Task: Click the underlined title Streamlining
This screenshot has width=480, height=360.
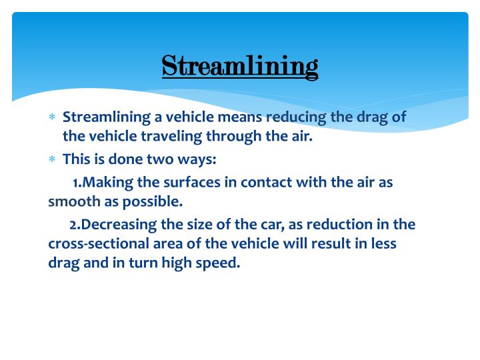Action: coord(240,67)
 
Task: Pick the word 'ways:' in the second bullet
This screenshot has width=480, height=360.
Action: coord(198,160)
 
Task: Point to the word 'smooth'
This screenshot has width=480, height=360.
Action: coord(70,201)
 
